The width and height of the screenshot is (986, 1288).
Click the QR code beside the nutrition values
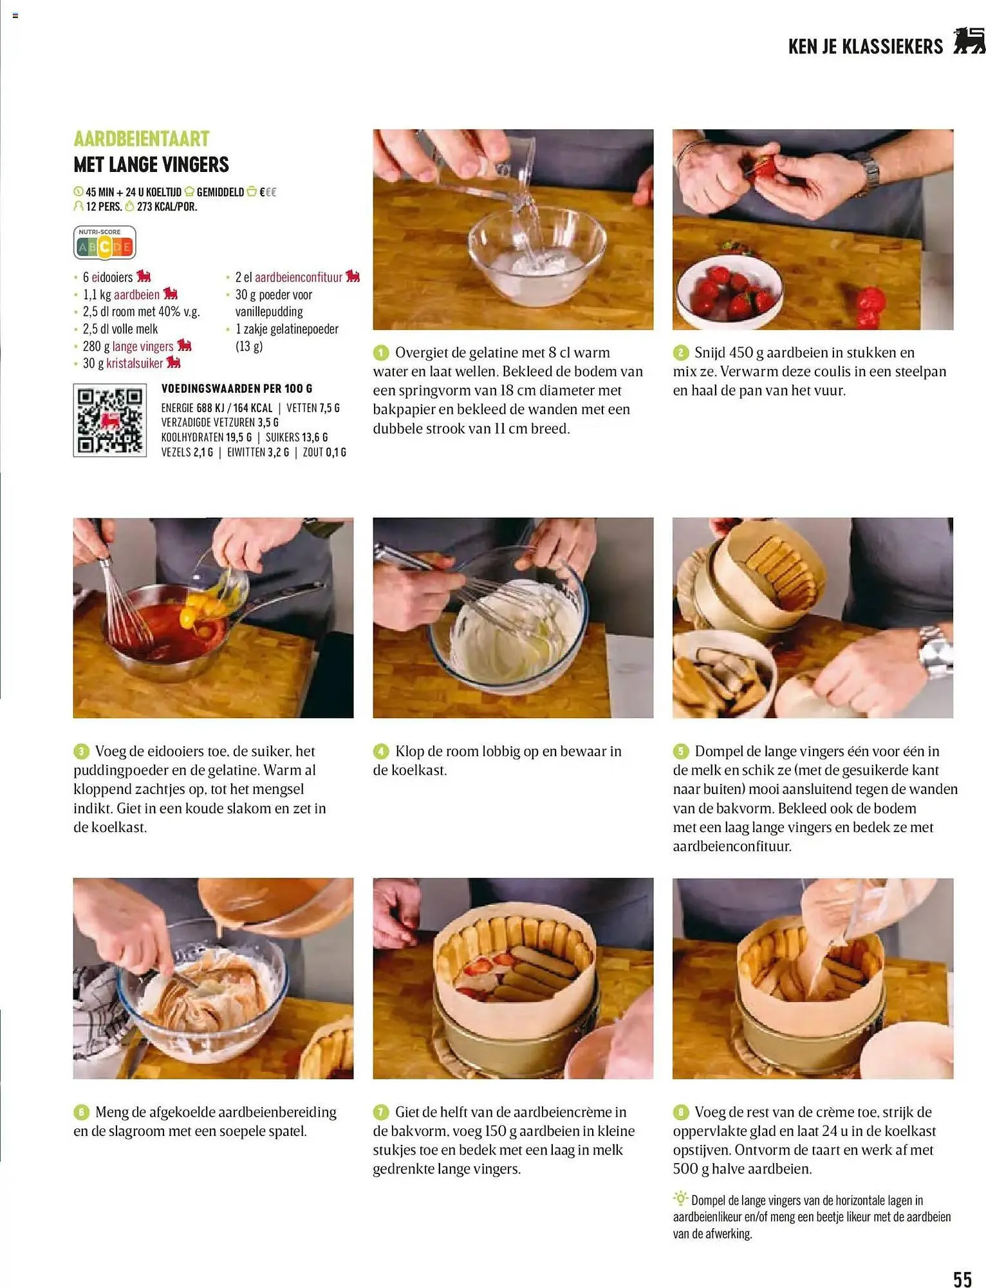point(109,421)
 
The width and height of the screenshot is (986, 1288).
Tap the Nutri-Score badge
point(104,243)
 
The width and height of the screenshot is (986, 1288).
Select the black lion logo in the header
point(969,41)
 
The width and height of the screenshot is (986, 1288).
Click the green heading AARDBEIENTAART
point(142,138)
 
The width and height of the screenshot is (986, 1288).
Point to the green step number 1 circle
point(381,353)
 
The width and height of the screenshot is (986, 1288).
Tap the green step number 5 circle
point(681,752)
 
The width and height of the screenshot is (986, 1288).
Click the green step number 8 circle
point(681,1112)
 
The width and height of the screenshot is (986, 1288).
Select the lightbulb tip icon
point(680,1198)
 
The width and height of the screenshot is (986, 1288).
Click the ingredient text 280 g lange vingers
point(128,346)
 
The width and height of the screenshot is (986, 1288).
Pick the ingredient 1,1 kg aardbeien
point(121,295)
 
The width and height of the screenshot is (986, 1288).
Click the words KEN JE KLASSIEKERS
point(865,46)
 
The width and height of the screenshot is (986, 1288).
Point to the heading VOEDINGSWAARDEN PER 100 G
point(236,389)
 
